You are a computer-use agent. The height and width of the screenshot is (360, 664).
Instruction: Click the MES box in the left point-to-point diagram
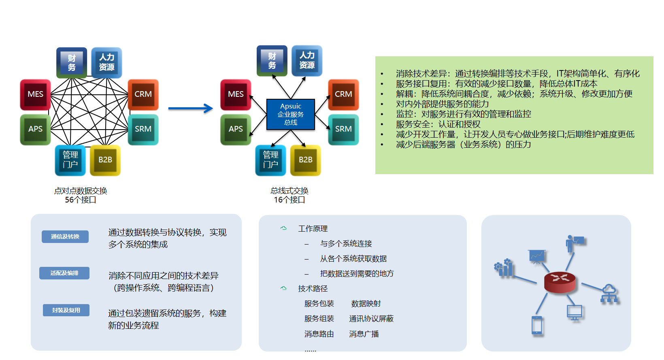tap(36, 94)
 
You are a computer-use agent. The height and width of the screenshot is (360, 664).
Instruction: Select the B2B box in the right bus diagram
tap(306, 160)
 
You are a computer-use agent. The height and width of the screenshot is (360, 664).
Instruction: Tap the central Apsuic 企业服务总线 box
tap(291, 114)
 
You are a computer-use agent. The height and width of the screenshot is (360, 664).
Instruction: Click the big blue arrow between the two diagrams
tap(190, 108)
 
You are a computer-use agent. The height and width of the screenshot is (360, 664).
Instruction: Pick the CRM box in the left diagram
tap(143, 94)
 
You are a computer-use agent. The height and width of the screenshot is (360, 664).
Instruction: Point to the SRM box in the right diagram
tap(343, 129)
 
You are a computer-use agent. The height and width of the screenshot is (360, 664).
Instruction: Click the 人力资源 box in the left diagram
tap(106, 62)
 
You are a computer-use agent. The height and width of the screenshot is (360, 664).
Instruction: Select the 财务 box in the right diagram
tap(272, 61)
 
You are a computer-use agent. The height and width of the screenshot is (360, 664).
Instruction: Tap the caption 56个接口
tap(81, 200)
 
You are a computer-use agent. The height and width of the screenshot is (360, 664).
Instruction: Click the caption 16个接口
tap(289, 200)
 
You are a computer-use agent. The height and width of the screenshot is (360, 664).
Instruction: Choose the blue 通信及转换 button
tap(65, 236)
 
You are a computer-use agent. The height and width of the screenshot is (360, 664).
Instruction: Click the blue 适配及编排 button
tap(64, 273)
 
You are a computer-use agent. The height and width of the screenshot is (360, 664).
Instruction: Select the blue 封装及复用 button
tap(66, 310)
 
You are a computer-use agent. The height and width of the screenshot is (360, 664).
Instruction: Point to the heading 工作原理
tap(313, 229)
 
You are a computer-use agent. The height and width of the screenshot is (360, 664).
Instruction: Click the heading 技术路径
tap(313, 289)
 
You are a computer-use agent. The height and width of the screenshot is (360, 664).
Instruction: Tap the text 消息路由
tap(319, 334)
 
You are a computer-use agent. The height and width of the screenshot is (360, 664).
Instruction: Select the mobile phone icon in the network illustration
tap(537, 325)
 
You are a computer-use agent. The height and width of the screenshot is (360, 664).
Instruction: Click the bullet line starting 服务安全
tap(438, 124)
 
